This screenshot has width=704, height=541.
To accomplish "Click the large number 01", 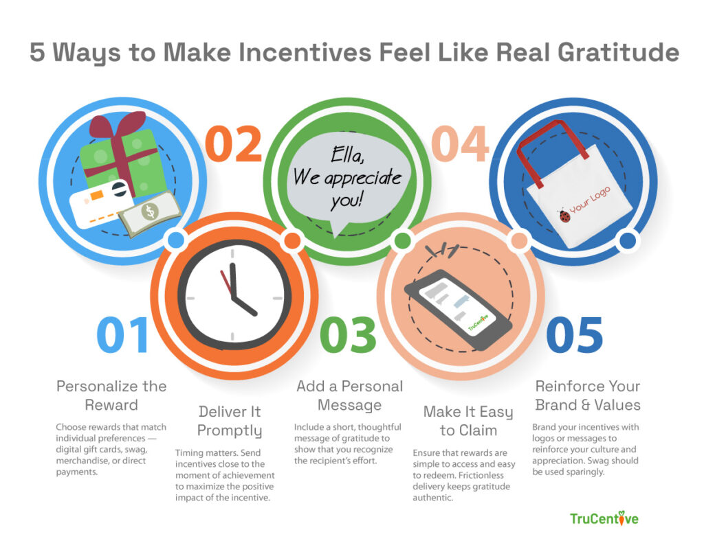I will pyautogui.click(x=122, y=336).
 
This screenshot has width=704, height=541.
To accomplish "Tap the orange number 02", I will pyautogui.click(x=234, y=145).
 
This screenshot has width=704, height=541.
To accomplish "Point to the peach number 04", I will pyautogui.click(x=459, y=145).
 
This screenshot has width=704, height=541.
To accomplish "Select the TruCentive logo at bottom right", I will pyautogui.click(x=604, y=518).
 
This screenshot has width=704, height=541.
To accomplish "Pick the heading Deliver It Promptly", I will pyautogui.click(x=230, y=421).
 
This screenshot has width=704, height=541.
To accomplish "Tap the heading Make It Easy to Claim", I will pyautogui.click(x=467, y=421).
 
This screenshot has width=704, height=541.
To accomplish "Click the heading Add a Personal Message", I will pyautogui.click(x=349, y=395).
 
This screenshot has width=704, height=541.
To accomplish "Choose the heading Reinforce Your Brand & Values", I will pyautogui.click(x=587, y=395).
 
